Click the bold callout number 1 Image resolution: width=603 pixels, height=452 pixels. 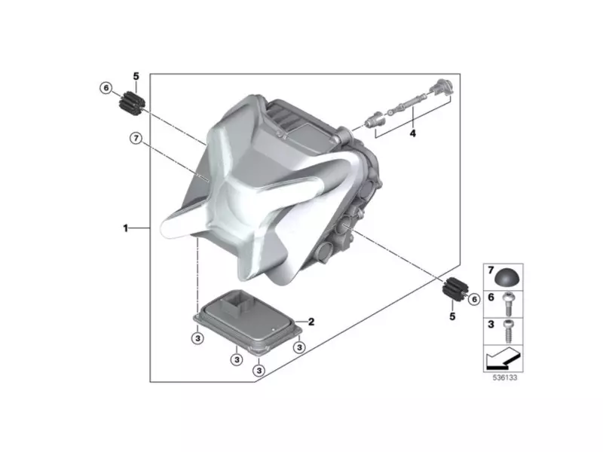click(x=127, y=228)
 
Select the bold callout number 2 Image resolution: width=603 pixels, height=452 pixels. click(x=311, y=322)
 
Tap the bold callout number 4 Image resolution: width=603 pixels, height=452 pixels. click(x=412, y=133)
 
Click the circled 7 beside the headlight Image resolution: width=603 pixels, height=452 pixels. click(x=136, y=139)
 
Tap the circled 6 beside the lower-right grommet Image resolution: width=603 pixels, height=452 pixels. click(x=474, y=299)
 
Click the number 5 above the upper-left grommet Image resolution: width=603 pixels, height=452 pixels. click(x=136, y=76)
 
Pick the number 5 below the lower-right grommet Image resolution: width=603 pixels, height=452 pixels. click(x=453, y=316)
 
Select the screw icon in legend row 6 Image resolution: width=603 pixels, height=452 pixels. click(x=510, y=301)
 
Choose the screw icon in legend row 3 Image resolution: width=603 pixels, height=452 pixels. click(x=510, y=327)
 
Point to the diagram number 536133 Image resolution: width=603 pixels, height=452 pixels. click(x=500, y=377)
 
